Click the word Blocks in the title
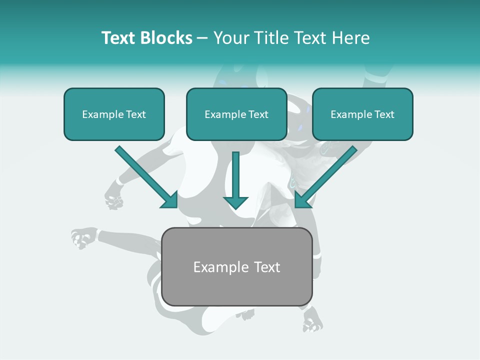click(x=166, y=38)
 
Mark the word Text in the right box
click(x=384, y=114)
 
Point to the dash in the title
click(x=202, y=38)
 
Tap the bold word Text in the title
click(x=118, y=38)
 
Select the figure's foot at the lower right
click(x=312, y=320)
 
